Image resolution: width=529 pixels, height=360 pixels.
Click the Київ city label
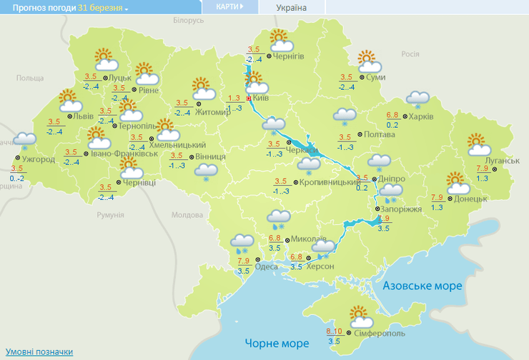pyautogui.click(x=260, y=98)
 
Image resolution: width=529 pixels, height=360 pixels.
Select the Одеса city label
pyautogui.click(x=267, y=266)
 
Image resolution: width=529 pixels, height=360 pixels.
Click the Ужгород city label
pyautogui.click(x=39, y=159)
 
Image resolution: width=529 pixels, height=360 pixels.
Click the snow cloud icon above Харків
pyautogui.click(x=417, y=99)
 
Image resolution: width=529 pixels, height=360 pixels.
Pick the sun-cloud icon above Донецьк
pyautogui.click(x=456, y=182)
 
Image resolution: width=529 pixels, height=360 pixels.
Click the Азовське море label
pyautogui.click(x=422, y=286)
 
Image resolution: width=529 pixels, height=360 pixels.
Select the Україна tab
pyautogui.click(x=291, y=7)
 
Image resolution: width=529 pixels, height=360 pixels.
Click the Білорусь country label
pyautogui.click(x=189, y=21)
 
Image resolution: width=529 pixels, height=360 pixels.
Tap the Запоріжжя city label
pyautogui.click(x=402, y=209)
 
